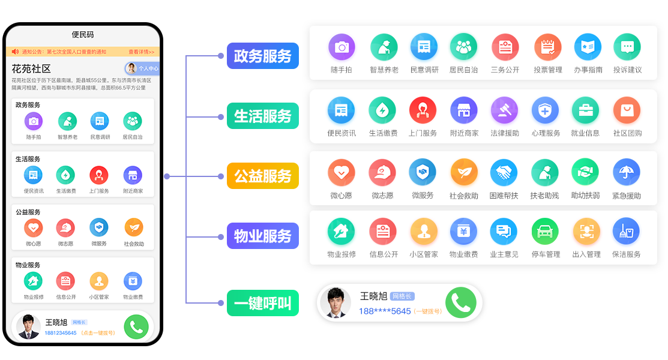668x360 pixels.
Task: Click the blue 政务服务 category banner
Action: pyautogui.click(x=262, y=56)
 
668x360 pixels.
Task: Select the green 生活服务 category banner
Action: pyautogui.click(x=262, y=116)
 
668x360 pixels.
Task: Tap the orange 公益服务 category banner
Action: pyautogui.click(x=262, y=176)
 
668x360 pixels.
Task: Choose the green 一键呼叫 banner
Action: pyautogui.click(x=262, y=303)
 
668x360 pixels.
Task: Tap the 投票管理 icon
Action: pyautogui.click(x=547, y=47)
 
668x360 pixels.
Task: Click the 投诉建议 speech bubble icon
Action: pyautogui.click(x=627, y=47)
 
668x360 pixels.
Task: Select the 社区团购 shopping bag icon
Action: pyautogui.click(x=627, y=110)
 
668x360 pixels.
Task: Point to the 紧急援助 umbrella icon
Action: pyautogui.click(x=626, y=173)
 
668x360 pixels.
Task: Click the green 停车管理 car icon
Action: pyautogui.click(x=545, y=232)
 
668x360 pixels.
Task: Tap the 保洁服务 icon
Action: pyautogui.click(x=626, y=232)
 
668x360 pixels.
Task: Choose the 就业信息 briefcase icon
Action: pyautogui.click(x=585, y=110)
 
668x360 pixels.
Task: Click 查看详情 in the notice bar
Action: pyautogui.click(x=142, y=52)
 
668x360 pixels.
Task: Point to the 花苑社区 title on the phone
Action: pyautogui.click(x=31, y=68)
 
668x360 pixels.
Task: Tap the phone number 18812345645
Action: pyautogui.click(x=61, y=333)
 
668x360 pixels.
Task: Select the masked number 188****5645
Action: pyautogui.click(x=385, y=311)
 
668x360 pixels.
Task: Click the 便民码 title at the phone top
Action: pyautogui.click(x=83, y=35)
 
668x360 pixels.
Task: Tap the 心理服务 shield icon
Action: pyautogui.click(x=545, y=110)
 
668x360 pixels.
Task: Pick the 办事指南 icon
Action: pyautogui.click(x=588, y=47)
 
